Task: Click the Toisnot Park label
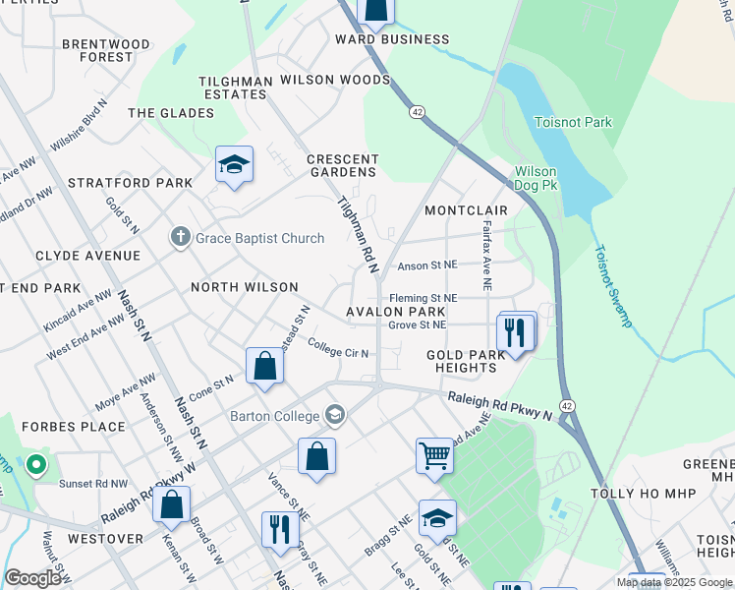(x=572, y=123)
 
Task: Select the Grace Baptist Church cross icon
(x=179, y=236)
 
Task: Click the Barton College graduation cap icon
(x=336, y=414)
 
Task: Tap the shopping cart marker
(x=434, y=456)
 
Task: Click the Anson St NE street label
(x=427, y=265)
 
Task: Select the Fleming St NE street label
(x=424, y=298)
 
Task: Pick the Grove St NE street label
(x=417, y=324)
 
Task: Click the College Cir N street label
(x=337, y=350)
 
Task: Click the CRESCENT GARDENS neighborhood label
(x=342, y=165)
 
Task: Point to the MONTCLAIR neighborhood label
(x=466, y=210)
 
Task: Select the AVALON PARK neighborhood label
(x=389, y=312)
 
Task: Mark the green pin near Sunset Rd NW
(x=35, y=463)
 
